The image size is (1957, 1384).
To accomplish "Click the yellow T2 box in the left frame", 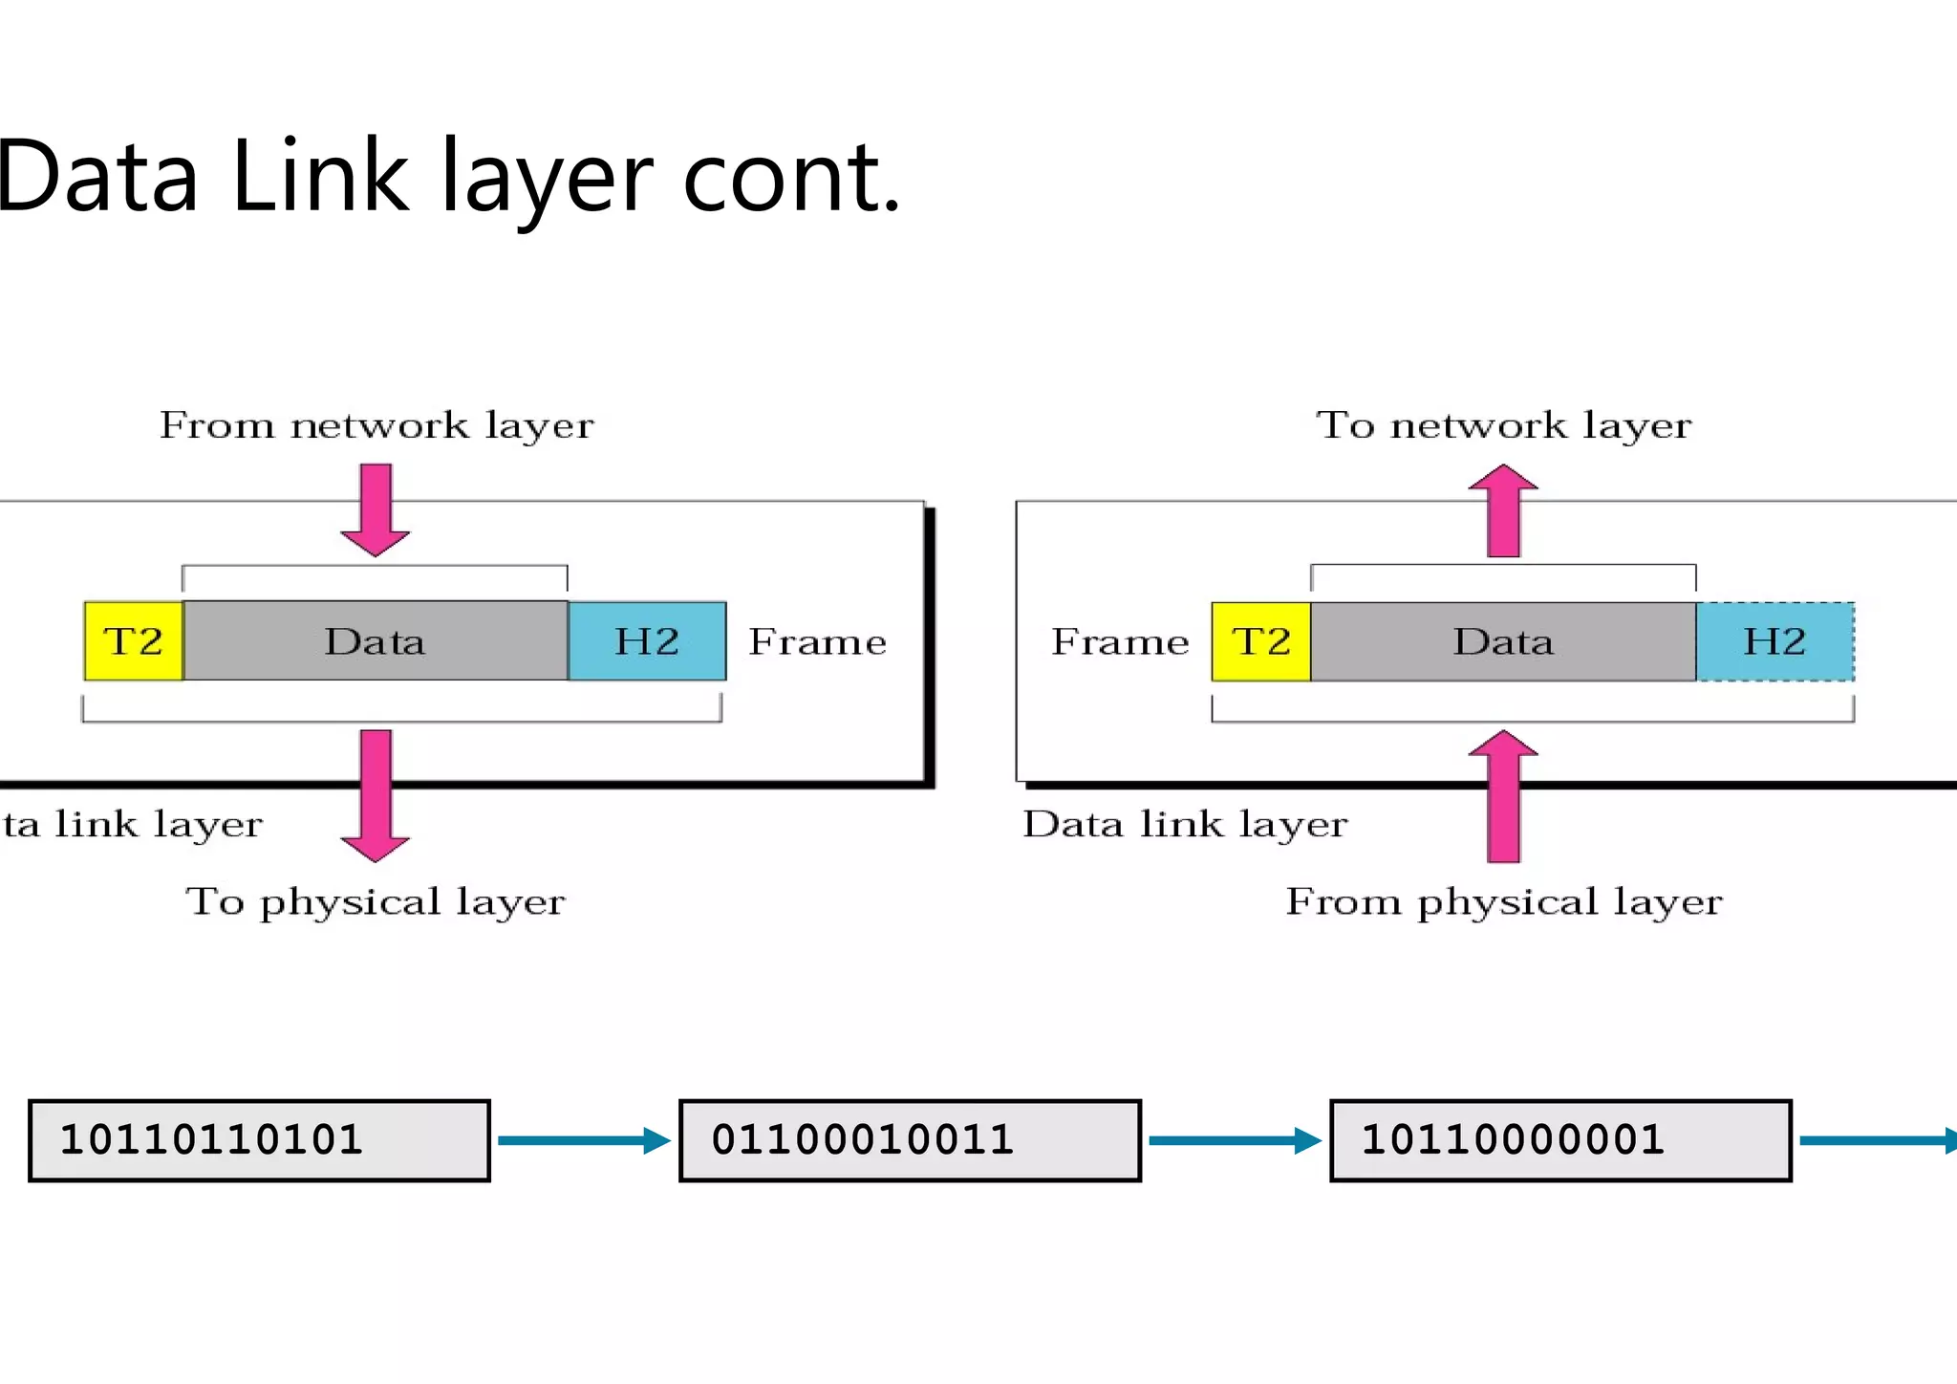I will pyautogui.click(x=134, y=641).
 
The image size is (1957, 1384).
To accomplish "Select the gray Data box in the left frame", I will pyautogui.click(x=376, y=641).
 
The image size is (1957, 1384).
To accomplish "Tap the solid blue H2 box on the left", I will pyautogui.click(x=647, y=641).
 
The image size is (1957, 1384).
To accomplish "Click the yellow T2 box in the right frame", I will pyautogui.click(x=1261, y=641).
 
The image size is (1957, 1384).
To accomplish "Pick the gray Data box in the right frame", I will pyautogui.click(x=1503, y=641).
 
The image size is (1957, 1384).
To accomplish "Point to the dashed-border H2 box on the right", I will pyautogui.click(x=1774, y=641).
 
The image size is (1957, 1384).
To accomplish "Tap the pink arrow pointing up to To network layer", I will pyautogui.click(x=1503, y=511).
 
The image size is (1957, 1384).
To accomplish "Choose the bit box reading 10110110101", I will pyautogui.click(x=259, y=1140).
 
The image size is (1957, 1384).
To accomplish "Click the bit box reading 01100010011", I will pyautogui.click(x=910, y=1140).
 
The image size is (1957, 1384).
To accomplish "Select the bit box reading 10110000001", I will pyautogui.click(x=1560, y=1140).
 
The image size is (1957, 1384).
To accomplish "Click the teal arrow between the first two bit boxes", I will pyautogui.click(x=584, y=1140).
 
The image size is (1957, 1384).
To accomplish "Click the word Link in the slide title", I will pyautogui.click(x=320, y=177).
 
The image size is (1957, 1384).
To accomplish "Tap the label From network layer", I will pyautogui.click(x=376, y=425).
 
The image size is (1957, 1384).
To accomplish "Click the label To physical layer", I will pyautogui.click(x=376, y=901).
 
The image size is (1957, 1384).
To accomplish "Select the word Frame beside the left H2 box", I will pyautogui.click(x=817, y=642).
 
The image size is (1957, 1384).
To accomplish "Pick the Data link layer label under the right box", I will pyautogui.click(x=1185, y=824).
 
